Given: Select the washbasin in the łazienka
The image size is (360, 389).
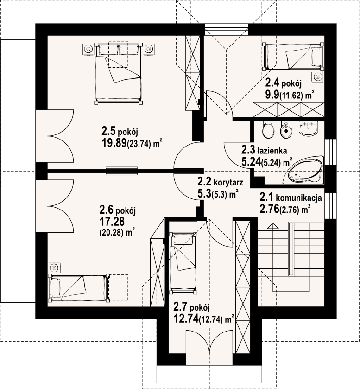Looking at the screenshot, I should (x=309, y=128).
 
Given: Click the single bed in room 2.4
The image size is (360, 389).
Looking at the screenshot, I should (x=293, y=57).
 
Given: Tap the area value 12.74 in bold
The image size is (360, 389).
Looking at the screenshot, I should (x=185, y=319).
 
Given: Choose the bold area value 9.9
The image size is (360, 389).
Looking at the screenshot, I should (x=271, y=96).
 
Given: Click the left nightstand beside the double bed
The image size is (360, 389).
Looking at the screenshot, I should (x=88, y=48).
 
